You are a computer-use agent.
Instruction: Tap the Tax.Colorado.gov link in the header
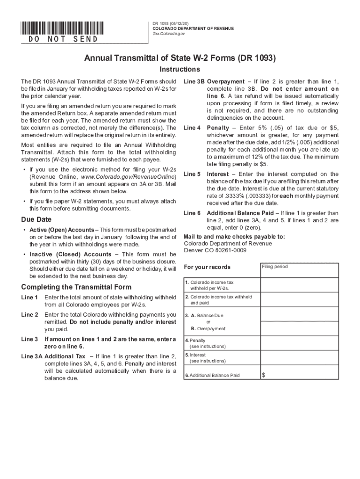(169, 34)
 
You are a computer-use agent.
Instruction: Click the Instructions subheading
(180, 70)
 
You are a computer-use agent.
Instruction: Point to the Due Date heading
(36, 219)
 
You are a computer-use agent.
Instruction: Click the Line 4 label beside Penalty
(192, 128)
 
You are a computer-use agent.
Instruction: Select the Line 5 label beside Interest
(192, 174)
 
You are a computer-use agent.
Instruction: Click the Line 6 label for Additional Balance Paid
(192, 213)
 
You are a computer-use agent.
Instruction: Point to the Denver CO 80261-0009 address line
(215, 250)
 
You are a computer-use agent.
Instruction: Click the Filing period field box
(299, 270)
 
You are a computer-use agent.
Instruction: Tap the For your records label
(207, 267)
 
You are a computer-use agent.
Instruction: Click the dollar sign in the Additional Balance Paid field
(264, 375)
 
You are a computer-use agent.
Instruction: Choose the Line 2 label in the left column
(30, 315)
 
